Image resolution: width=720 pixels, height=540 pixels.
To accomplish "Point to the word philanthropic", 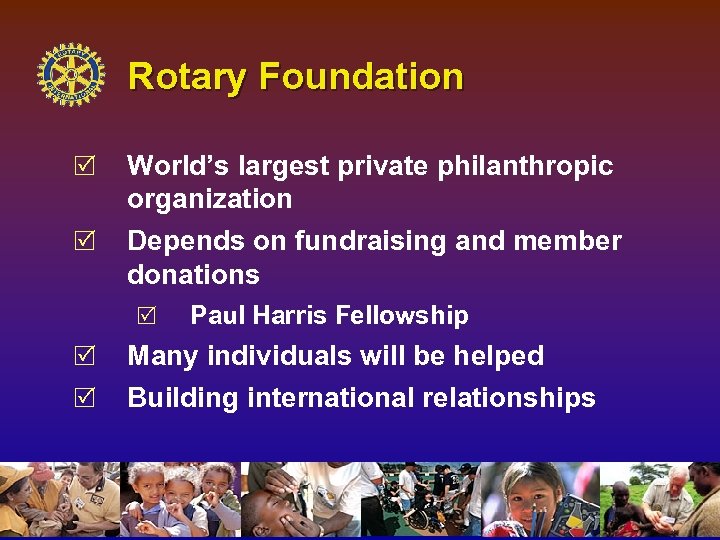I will (x=525, y=166).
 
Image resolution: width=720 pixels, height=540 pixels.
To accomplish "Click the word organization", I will (x=209, y=199).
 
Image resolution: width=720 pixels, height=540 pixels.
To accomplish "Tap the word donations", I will (x=193, y=274).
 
